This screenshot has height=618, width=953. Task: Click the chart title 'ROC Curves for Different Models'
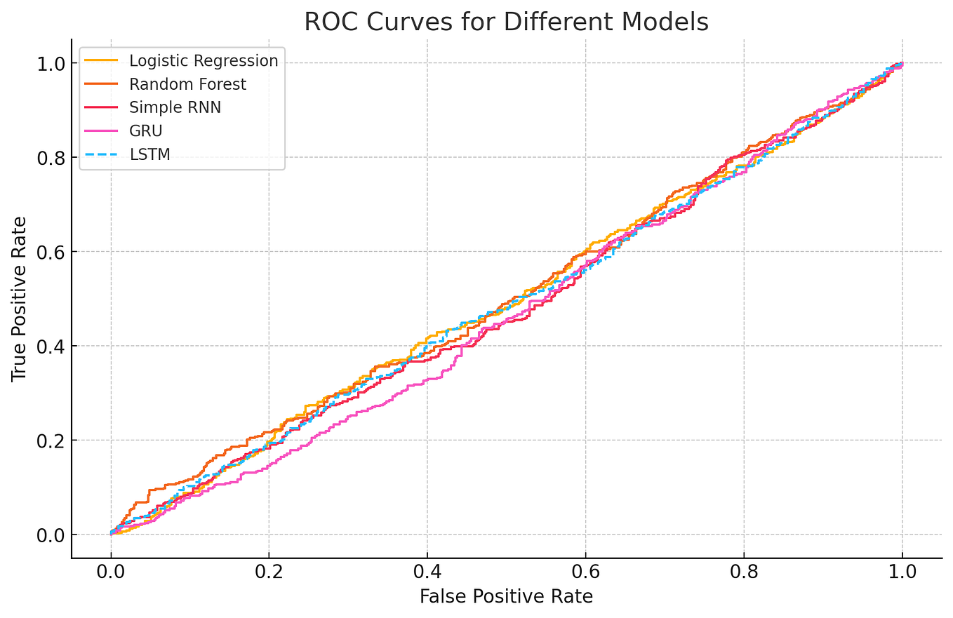[506, 22]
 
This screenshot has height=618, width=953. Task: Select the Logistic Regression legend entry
[204, 61]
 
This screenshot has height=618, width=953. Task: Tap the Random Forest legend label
[187, 85]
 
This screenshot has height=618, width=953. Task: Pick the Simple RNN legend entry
[175, 108]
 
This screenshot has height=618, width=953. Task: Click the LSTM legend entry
[149, 155]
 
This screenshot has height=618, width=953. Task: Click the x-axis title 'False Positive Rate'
[506, 597]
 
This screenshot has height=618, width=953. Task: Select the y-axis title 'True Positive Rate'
[19, 299]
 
